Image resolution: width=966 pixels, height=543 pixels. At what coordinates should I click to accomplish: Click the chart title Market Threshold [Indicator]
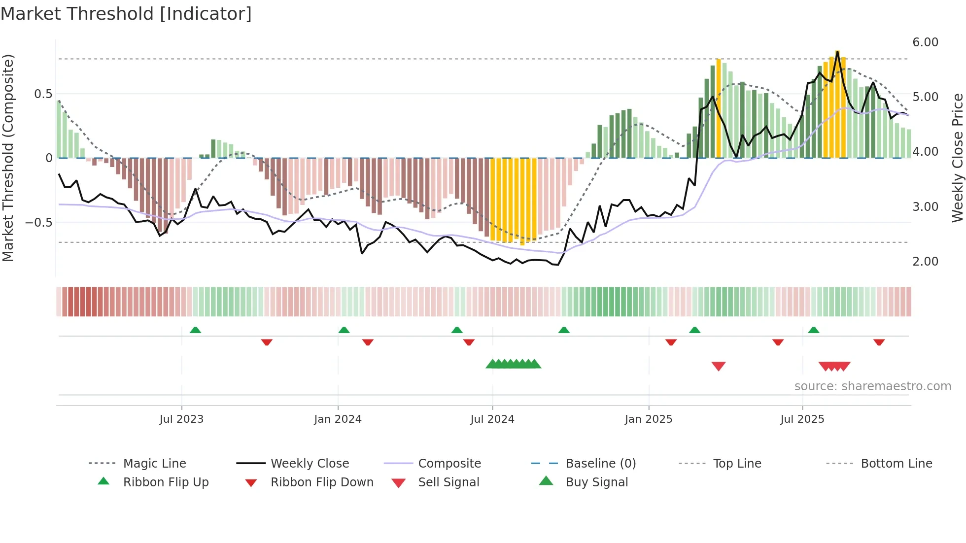click(x=126, y=14)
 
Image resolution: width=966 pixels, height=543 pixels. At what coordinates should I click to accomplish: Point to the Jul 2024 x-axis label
click(x=492, y=419)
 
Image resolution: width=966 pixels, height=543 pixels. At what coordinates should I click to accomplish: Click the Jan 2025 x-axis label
click(x=648, y=419)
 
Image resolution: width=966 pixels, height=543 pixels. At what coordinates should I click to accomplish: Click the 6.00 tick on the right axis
click(x=925, y=42)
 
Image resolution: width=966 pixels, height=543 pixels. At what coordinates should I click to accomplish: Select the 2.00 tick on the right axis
click(x=925, y=262)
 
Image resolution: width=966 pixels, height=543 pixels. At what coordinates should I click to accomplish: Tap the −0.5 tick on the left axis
click(x=39, y=222)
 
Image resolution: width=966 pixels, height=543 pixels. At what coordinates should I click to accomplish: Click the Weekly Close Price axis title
click(x=957, y=158)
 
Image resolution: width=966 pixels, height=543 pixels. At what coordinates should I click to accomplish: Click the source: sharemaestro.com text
click(x=872, y=386)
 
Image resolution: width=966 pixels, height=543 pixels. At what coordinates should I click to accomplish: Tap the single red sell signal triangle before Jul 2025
click(x=719, y=366)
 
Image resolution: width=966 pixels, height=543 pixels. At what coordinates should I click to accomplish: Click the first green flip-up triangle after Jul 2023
click(x=195, y=330)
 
